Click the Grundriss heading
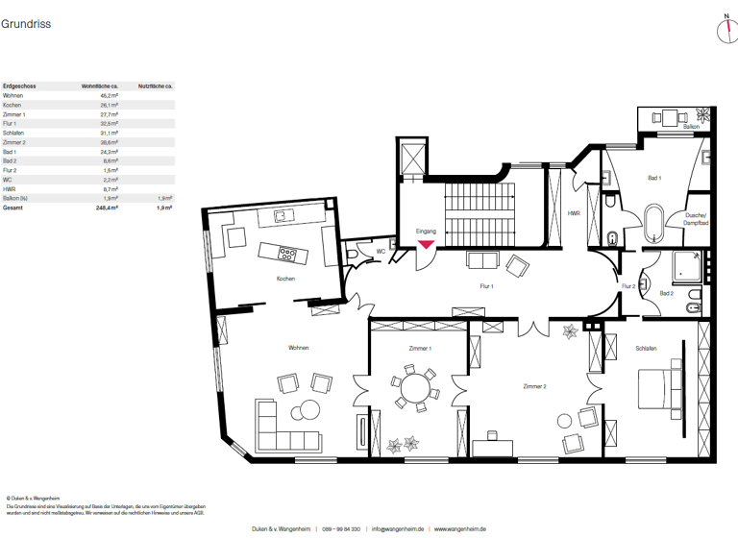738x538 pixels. (26, 24)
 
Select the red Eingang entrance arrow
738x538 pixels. (425, 246)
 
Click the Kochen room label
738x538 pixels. (284, 279)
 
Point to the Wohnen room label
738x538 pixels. (298, 348)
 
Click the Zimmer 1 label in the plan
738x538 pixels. (419, 348)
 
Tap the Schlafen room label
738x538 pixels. (645, 348)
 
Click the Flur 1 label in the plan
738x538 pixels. (487, 286)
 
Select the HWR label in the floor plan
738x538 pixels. (574, 213)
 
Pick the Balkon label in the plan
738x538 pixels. (690, 127)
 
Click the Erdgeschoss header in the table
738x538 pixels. (19, 86)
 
